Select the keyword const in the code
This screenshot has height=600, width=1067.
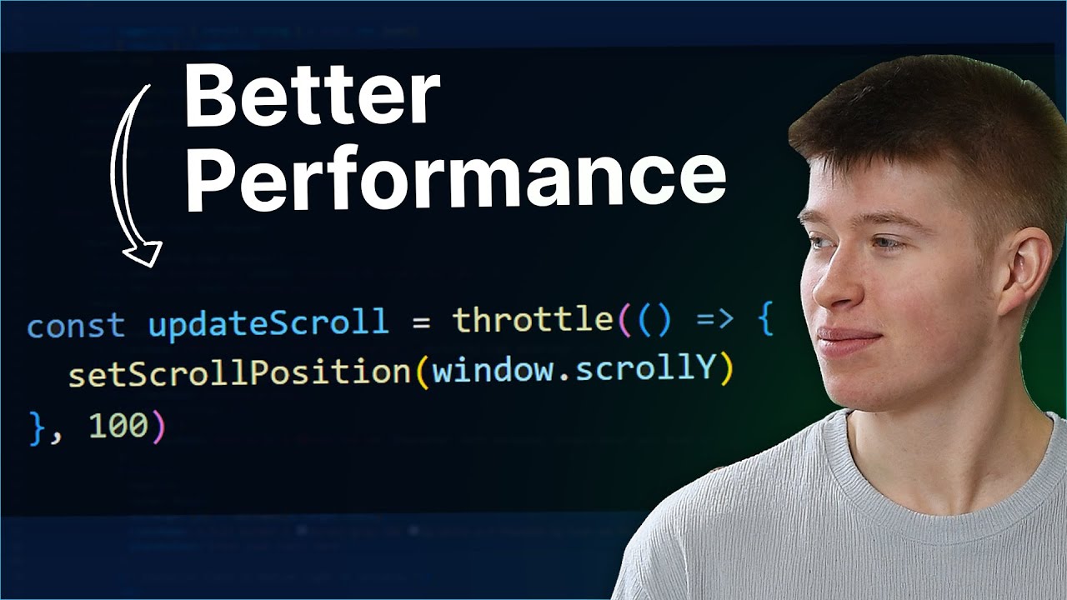[76, 323]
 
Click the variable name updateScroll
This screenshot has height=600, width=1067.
[268, 322]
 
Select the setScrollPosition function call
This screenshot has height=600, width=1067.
[239, 372]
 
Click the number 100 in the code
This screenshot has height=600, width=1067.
[118, 426]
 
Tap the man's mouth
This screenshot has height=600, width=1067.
[848, 339]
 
